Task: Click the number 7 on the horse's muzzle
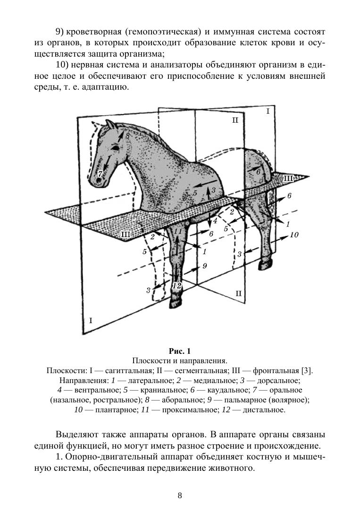[x=100, y=174]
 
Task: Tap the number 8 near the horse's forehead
[x=127, y=135]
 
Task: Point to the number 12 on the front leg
[x=176, y=286]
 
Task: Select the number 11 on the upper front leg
[x=177, y=231]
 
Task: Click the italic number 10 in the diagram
[x=294, y=235]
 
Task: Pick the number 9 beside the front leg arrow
[x=205, y=266]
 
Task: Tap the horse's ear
[x=110, y=125]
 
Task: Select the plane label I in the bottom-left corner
[x=91, y=320]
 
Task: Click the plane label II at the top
[x=235, y=120]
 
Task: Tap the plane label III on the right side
[x=288, y=178]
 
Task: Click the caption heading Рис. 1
[x=180, y=351]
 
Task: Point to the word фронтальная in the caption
[x=271, y=370]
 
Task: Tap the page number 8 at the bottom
[x=180, y=495]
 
